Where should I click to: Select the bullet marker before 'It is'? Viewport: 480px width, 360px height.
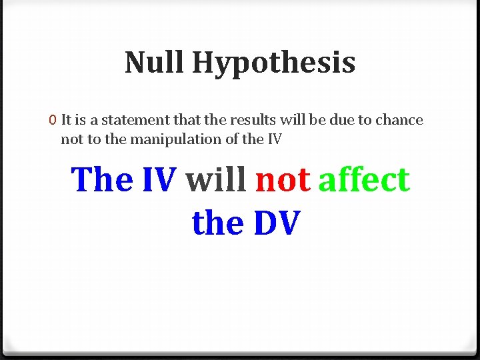point(52,121)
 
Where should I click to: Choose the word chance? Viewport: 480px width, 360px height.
point(399,121)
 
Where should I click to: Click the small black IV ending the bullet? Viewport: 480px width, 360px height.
point(274,139)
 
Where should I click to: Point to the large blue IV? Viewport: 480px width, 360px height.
point(159,179)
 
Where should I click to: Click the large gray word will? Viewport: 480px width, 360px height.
point(216,179)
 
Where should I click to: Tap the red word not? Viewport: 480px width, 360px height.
point(283,179)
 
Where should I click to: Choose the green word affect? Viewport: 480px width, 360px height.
point(364,179)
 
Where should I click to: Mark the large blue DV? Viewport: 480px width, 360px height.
point(276,223)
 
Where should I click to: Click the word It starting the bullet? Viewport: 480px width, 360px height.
point(66,121)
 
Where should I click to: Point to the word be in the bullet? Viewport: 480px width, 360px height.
point(313,121)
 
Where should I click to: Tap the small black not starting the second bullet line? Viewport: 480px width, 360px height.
point(71,139)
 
